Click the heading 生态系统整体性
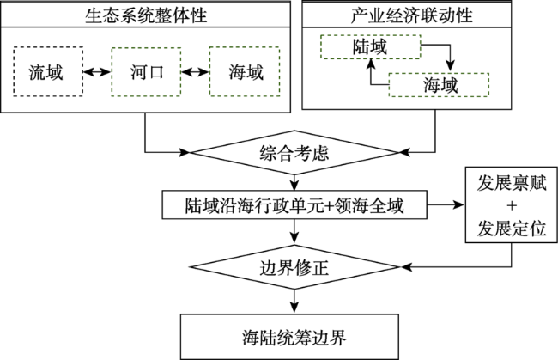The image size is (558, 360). tap(146, 15)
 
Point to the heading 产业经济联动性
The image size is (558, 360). tap(411, 15)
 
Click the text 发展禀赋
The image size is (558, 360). tap(512, 183)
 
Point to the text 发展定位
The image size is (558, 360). tap(512, 228)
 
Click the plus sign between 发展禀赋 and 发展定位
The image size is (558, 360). tap(512, 205)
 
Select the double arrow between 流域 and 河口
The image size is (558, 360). tap(97, 72)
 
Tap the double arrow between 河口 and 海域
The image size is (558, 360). tap(196, 72)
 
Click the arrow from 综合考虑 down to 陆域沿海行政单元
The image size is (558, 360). tap(294, 183)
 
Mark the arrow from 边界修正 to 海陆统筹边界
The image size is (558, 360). tap(294, 302)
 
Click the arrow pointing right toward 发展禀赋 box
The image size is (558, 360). tap(446, 204)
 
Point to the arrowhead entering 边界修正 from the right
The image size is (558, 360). tap(406, 266)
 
